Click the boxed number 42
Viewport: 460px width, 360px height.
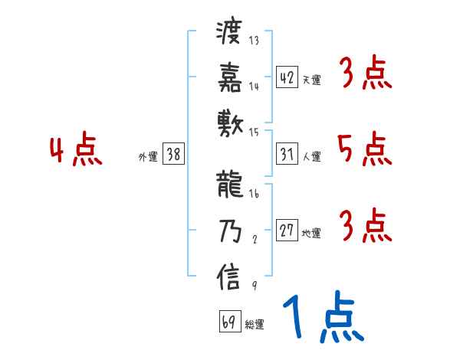[287, 77]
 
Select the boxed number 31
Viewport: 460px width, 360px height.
[287, 154]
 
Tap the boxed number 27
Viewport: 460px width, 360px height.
[287, 231]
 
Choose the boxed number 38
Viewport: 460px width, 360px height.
[173, 154]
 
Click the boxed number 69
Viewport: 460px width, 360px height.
[229, 322]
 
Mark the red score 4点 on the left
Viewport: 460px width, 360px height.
[77, 150]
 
